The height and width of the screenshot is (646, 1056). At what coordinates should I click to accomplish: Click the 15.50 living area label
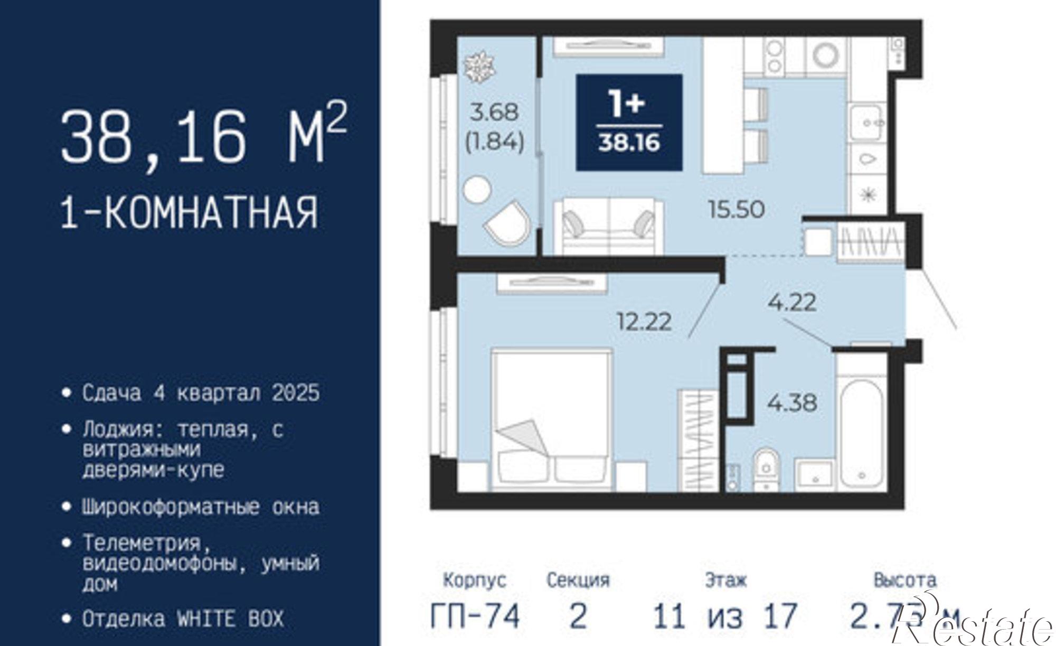pyautogui.click(x=736, y=210)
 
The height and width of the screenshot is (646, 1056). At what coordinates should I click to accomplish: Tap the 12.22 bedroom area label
pyautogui.click(x=645, y=321)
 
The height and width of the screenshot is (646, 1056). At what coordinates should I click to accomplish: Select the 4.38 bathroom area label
pyautogui.click(x=792, y=403)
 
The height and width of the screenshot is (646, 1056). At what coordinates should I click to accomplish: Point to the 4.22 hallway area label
pyautogui.click(x=792, y=303)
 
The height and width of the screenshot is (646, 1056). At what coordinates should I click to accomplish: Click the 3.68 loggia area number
pyautogui.click(x=495, y=112)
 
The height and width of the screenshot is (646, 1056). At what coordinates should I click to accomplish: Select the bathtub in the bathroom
pyautogui.click(x=861, y=433)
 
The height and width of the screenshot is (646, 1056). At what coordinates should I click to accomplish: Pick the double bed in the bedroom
pyautogui.click(x=552, y=417)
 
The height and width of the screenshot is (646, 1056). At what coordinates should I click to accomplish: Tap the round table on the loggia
pyautogui.click(x=477, y=189)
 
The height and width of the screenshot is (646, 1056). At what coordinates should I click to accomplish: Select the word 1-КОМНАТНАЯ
pyautogui.click(x=190, y=212)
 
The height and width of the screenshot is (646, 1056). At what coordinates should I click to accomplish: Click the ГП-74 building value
pyautogui.click(x=475, y=616)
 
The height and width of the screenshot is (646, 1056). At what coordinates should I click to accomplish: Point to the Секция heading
pyautogui.click(x=578, y=581)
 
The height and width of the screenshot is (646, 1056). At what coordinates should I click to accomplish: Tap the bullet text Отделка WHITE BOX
pyautogui.click(x=183, y=619)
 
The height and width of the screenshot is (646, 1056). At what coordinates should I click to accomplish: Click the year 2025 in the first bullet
pyautogui.click(x=296, y=393)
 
